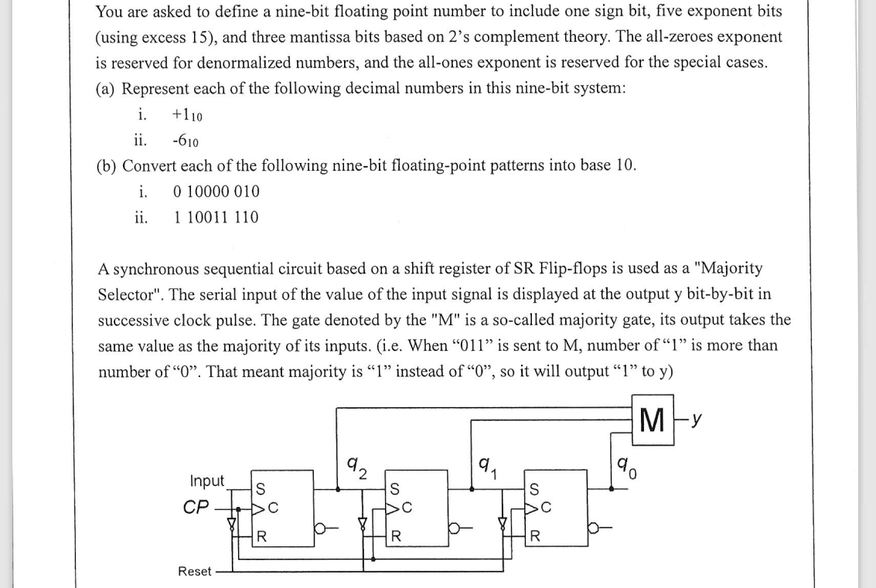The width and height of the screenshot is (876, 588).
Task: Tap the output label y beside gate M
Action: [x=698, y=420]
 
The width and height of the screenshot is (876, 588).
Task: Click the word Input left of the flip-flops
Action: [x=207, y=481]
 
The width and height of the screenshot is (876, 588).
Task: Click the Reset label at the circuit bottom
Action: [x=194, y=571]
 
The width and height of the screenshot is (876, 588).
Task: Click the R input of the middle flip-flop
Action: [x=395, y=535]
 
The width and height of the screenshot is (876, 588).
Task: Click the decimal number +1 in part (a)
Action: [x=187, y=115]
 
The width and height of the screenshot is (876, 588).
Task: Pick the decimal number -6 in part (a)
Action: [x=185, y=141]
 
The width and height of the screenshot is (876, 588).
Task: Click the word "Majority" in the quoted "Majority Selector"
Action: [x=728, y=268]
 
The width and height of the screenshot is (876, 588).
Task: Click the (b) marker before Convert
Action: [x=107, y=166]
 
